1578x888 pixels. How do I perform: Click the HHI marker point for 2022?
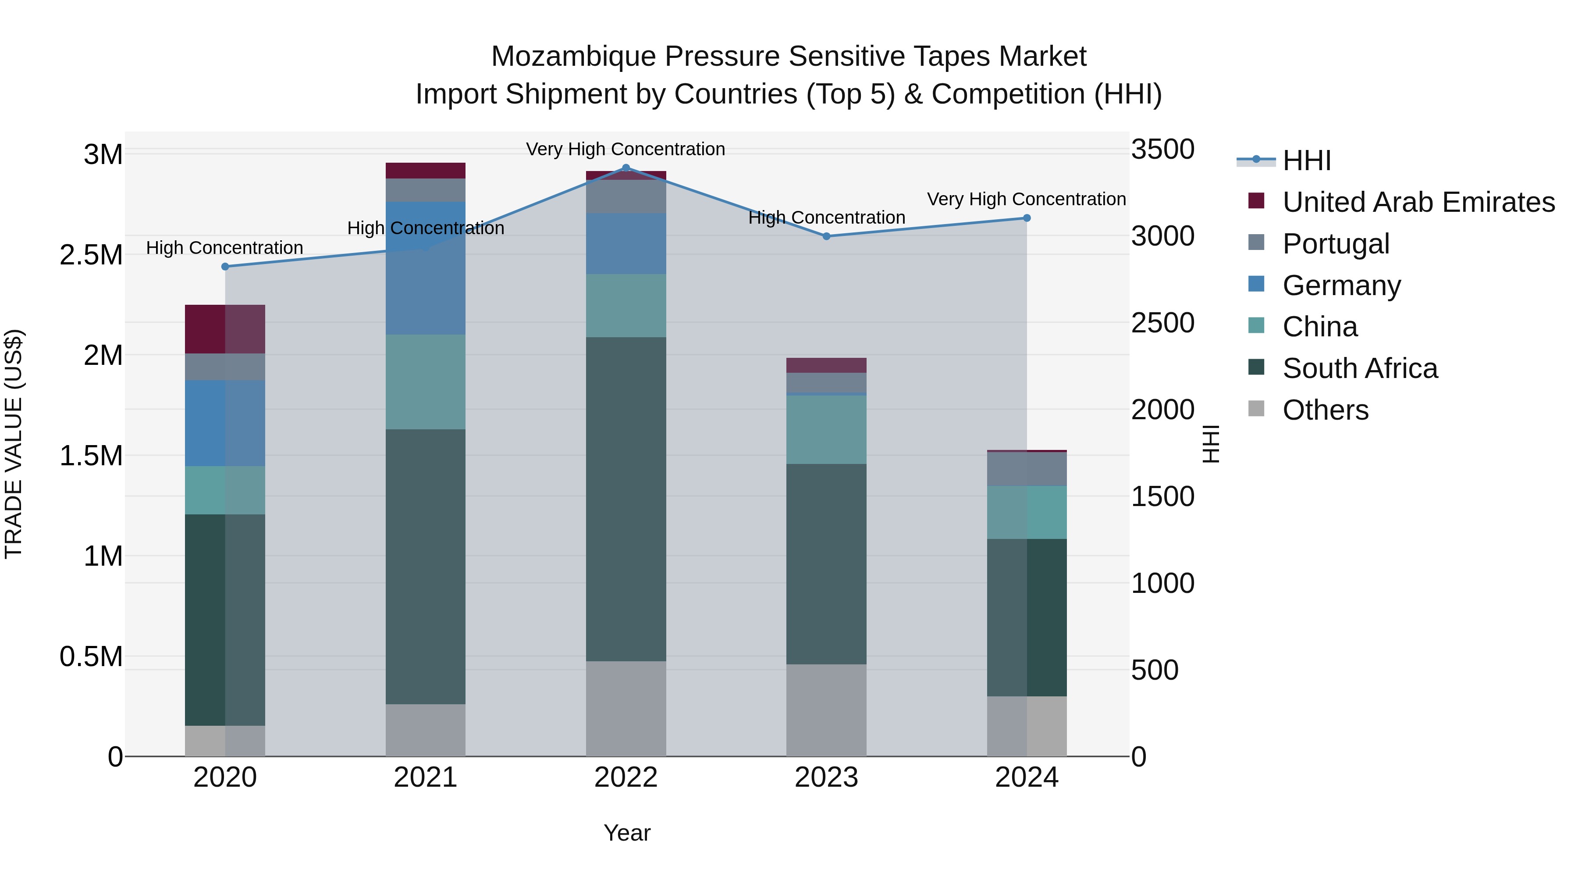click(626, 168)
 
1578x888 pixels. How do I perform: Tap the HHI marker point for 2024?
click(1027, 218)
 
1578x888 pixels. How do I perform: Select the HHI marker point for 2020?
click(225, 267)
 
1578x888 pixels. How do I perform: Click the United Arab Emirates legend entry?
click(1418, 202)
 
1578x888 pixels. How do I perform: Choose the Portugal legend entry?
click(1336, 244)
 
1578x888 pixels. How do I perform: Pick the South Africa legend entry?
click(1359, 369)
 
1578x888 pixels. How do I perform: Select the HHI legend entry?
click(1306, 160)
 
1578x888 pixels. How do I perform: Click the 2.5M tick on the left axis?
click(91, 255)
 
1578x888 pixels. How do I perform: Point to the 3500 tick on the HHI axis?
click(1162, 150)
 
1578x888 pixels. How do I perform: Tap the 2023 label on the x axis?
click(826, 777)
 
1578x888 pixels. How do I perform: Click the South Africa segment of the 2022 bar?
click(626, 499)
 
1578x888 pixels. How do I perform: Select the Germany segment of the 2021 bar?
click(425, 268)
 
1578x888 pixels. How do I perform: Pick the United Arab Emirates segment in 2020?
click(225, 329)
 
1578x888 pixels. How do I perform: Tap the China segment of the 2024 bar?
click(1027, 512)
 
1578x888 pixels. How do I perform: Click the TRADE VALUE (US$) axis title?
click(14, 444)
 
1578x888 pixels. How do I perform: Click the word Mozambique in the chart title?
click(574, 57)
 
